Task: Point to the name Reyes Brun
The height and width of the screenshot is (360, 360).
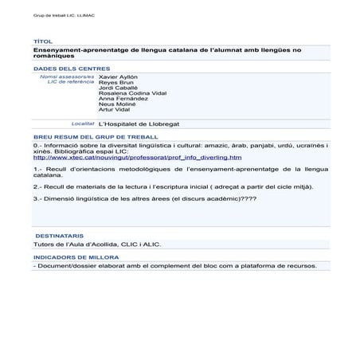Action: (x=113, y=82)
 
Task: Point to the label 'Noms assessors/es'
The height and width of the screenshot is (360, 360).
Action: (x=67, y=76)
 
